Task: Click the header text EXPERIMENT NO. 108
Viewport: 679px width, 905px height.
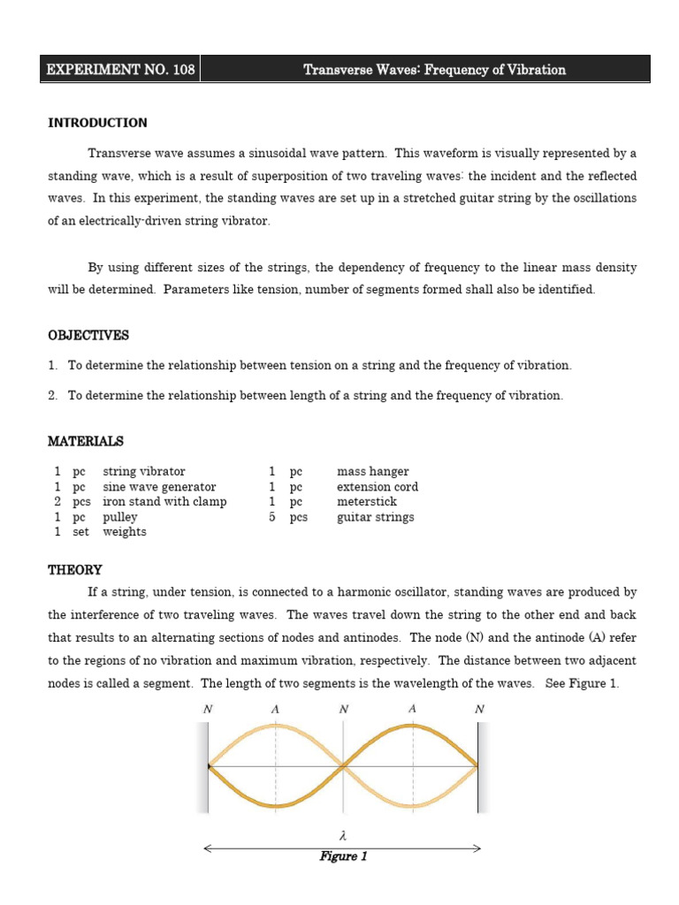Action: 119,69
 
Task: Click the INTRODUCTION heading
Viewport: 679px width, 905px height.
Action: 97,123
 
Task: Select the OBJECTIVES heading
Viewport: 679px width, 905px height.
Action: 88,336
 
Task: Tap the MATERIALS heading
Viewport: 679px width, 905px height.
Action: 85,441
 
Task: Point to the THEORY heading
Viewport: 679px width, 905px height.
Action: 74,570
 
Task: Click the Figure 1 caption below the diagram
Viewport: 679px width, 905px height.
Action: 343,856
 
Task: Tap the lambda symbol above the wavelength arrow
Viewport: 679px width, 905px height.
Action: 343,833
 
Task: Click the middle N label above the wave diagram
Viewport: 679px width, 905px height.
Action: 344,709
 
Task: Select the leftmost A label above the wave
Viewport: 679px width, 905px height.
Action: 276,709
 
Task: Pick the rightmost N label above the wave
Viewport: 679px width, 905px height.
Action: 479,709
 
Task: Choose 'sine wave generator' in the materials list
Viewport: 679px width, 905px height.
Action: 159,487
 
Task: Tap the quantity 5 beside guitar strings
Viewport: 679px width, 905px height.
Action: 272,517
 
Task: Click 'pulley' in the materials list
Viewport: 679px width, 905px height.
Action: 120,517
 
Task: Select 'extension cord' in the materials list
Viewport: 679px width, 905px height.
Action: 378,487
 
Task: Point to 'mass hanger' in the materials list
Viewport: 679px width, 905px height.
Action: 372,472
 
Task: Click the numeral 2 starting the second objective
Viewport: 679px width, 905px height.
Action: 52,396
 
